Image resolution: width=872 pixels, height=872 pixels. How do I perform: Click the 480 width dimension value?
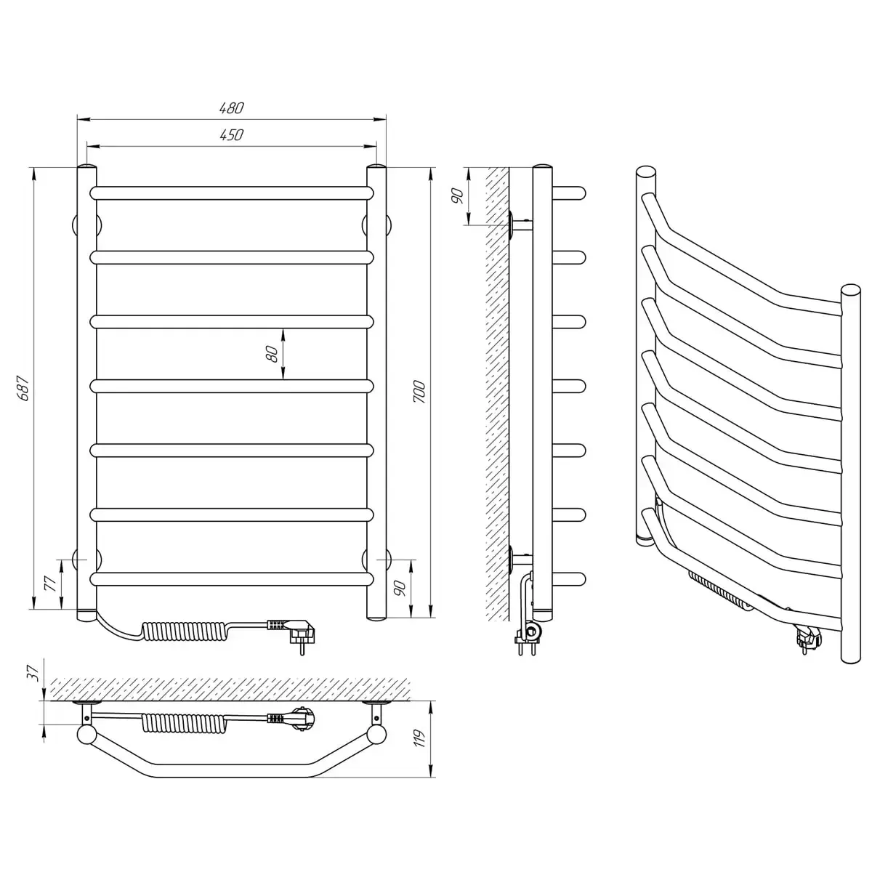pos(231,108)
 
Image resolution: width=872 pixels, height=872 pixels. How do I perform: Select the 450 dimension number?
pos(231,135)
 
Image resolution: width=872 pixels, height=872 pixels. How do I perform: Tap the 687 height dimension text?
pos(23,388)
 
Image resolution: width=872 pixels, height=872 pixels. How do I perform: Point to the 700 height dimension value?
pos(419,392)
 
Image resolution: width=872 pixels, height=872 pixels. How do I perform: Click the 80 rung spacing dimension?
pos(272,353)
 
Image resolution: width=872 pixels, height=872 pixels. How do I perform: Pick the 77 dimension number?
pos(51,584)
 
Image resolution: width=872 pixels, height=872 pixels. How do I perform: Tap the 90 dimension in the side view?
pos(458,195)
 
